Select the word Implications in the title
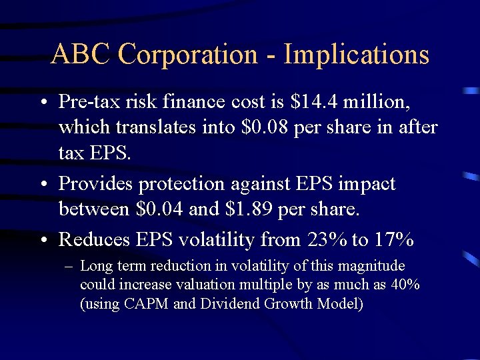tap(357, 54)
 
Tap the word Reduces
tap(92, 239)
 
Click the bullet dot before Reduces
tap(42, 239)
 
